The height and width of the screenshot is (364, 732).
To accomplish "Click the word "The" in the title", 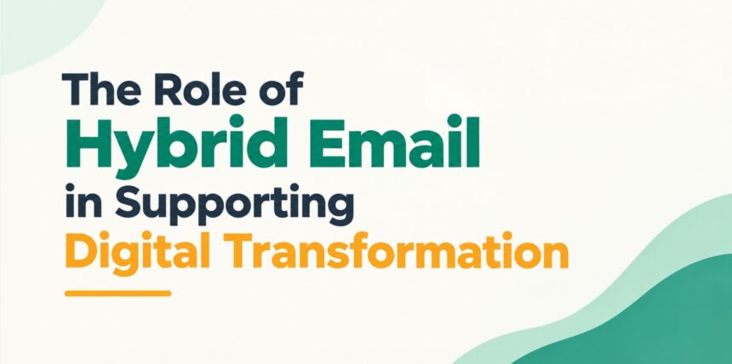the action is tap(98, 88).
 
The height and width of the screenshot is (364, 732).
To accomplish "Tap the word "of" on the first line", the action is tap(280, 88).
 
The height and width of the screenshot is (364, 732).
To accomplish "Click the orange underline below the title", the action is tap(118, 293).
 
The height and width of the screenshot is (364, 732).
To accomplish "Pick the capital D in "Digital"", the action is tap(80, 252).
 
